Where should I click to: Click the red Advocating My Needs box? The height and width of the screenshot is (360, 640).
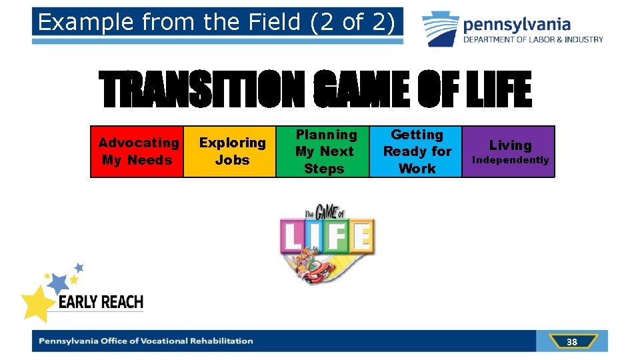coord(137,151)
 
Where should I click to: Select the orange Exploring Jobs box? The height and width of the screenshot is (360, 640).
coord(230,151)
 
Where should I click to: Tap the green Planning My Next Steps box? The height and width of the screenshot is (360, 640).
coord(323,151)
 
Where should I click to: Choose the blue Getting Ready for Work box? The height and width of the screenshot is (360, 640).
coord(415,151)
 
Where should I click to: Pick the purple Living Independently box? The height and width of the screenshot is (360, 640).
coord(509,151)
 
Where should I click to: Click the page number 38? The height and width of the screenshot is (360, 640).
coord(571,342)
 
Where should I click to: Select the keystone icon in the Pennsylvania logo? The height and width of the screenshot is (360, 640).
coord(440,29)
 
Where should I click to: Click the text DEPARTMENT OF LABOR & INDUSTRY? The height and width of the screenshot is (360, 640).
coord(533,39)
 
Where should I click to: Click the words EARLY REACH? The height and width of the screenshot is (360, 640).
coord(101,303)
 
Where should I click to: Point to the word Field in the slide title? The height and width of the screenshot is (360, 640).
coord(268,23)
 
